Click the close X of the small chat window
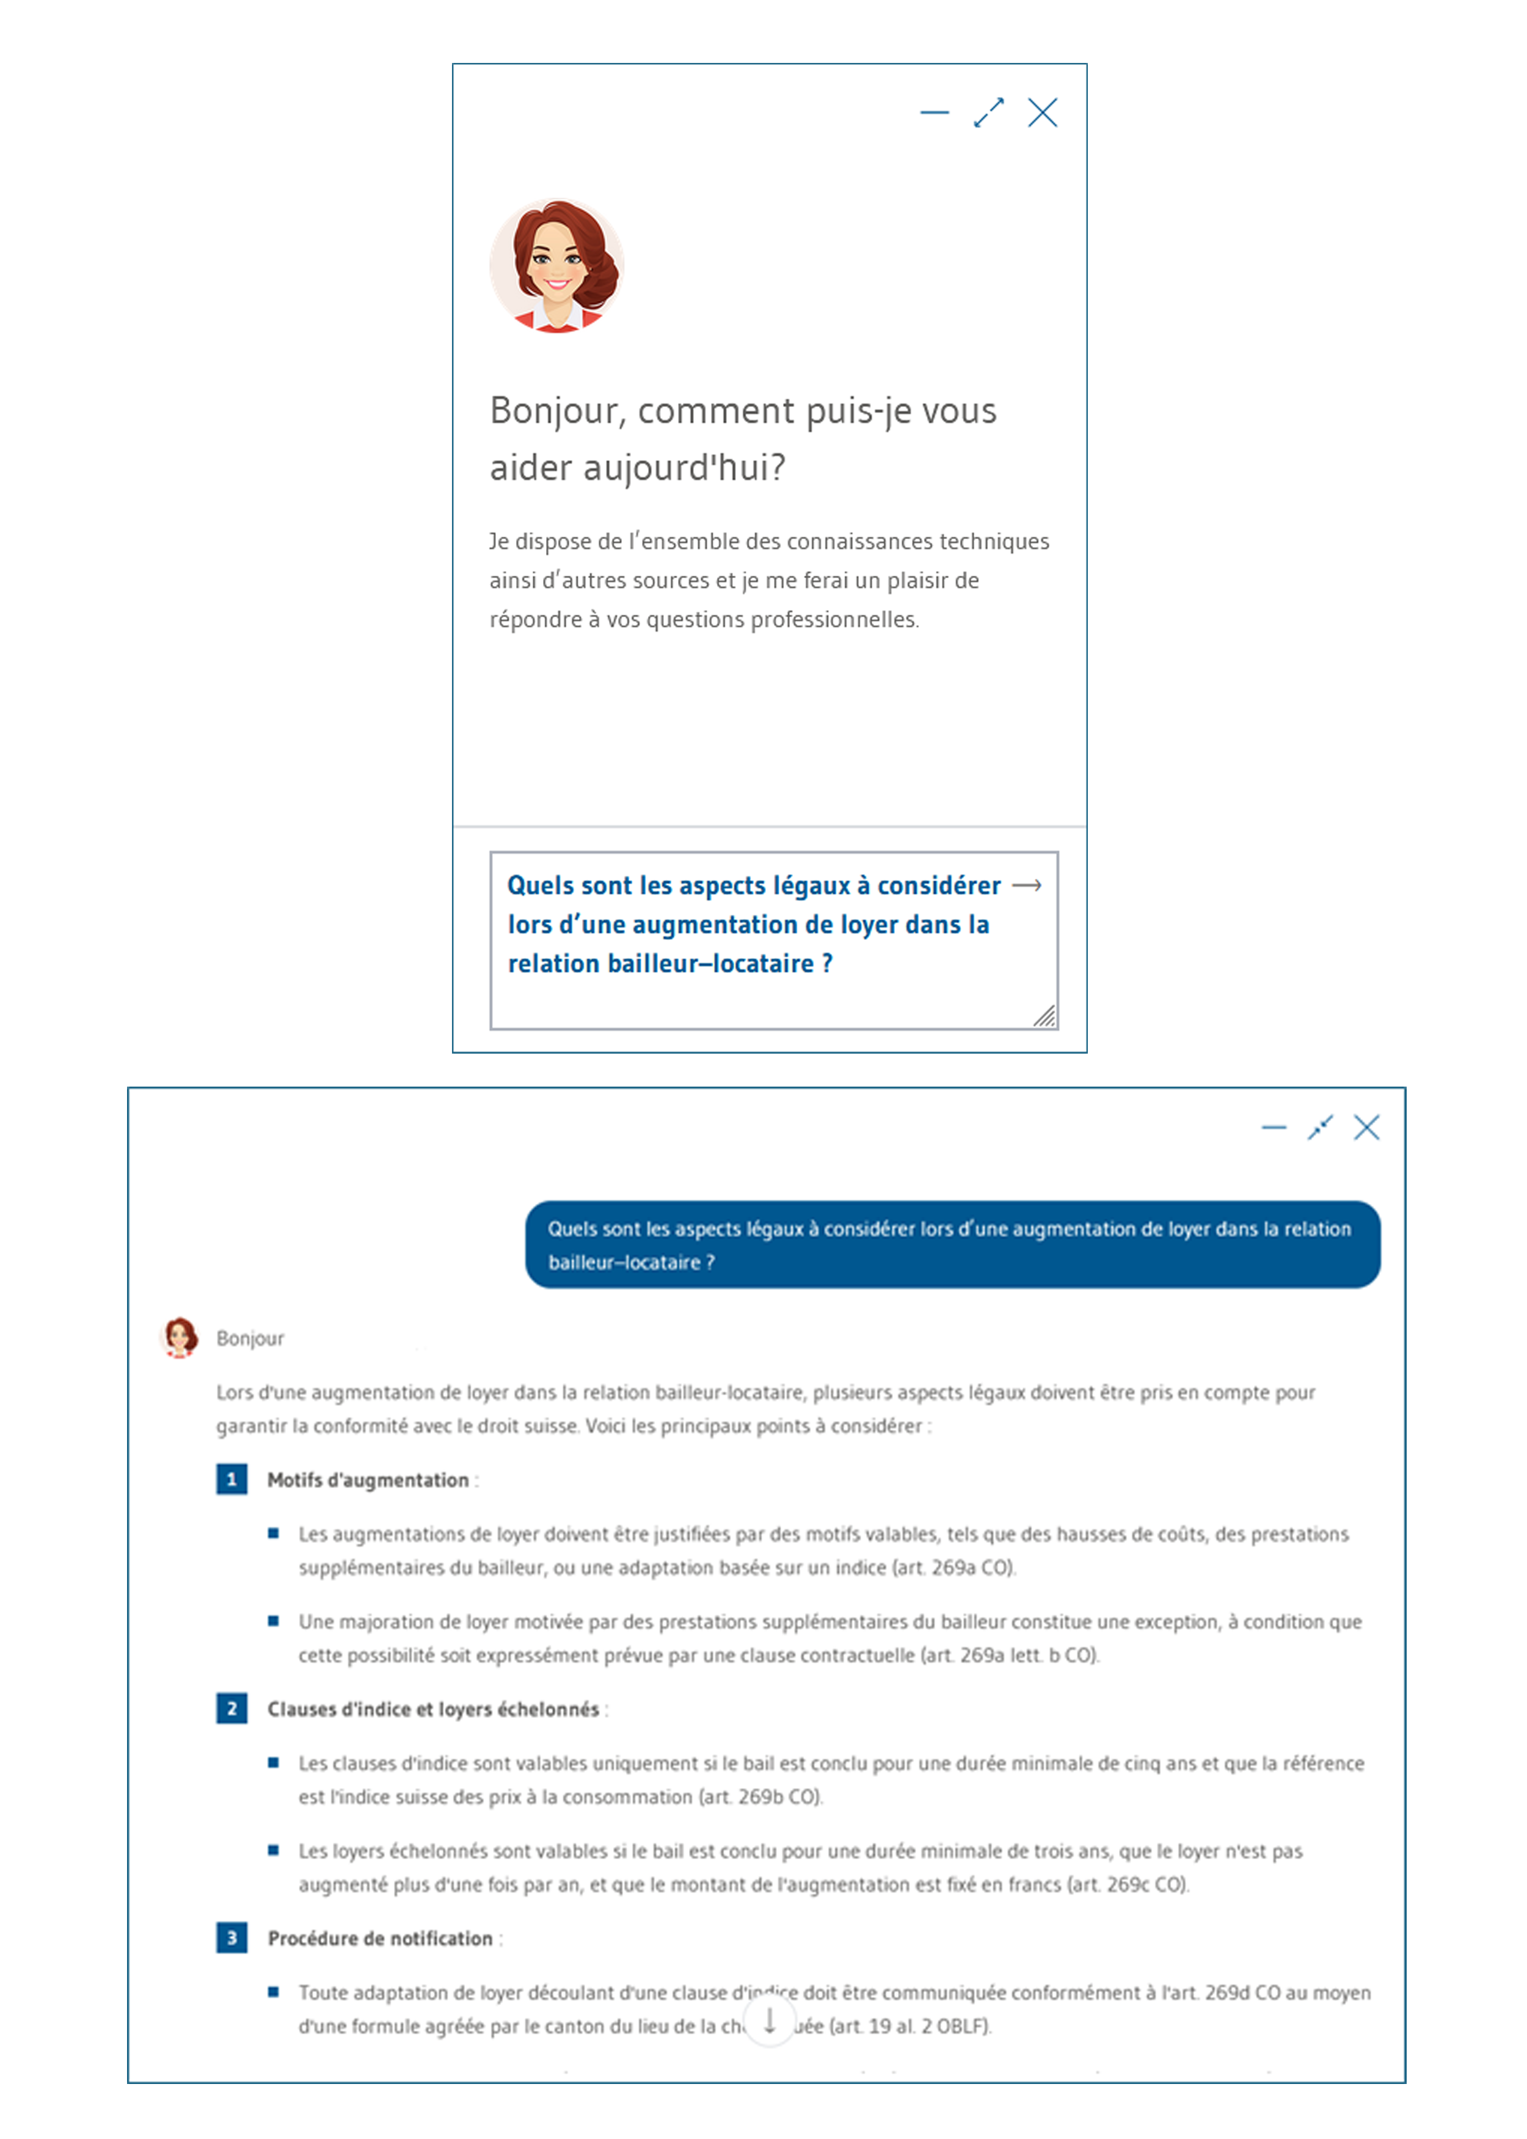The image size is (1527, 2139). pos(1042,113)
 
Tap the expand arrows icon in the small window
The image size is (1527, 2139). pos(988,113)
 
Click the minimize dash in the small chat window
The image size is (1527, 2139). pos(934,113)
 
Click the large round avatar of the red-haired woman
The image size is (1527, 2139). pos(556,266)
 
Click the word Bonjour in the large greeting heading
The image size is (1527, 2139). pos(554,411)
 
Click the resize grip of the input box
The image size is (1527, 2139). pos(1044,1016)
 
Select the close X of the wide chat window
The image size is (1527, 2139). pos(1366,1127)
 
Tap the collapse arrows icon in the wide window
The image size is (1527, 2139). pos(1320,1127)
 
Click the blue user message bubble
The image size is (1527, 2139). pos(952,1244)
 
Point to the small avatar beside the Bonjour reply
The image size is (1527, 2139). pos(180,1337)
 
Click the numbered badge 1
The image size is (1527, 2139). pos(231,1479)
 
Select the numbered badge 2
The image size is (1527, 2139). pos(231,1708)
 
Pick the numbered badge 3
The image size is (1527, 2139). pos(231,1938)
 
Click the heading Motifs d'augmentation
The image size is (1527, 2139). pos(368,1480)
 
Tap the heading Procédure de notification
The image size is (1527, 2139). pos(380,1939)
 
